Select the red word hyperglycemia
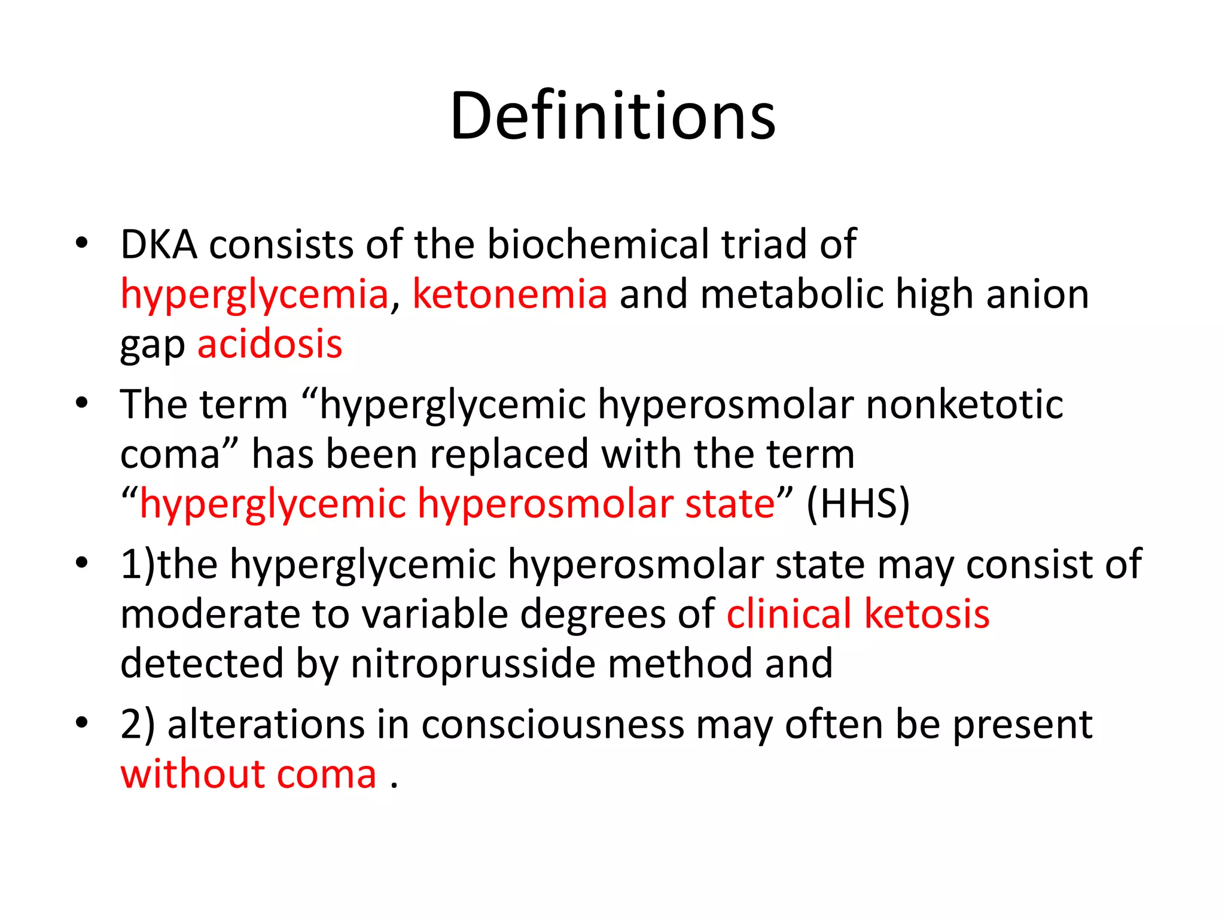click(255, 294)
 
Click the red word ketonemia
click(510, 294)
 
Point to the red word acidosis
click(270, 344)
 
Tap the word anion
click(1037, 294)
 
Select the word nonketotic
click(964, 404)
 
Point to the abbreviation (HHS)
click(858, 504)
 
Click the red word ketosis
click(927, 614)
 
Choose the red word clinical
click(789, 614)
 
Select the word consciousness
click(553, 725)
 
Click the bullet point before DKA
click(82, 244)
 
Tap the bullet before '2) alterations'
click(82, 723)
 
